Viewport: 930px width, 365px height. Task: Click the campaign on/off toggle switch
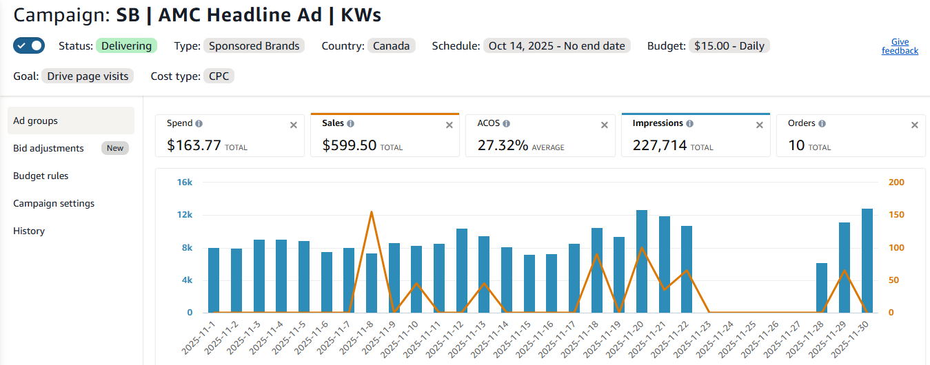[28, 46]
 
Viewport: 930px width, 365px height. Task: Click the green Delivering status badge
[126, 46]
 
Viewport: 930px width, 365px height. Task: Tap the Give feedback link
[900, 46]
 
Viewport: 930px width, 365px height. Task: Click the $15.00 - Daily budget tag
[729, 46]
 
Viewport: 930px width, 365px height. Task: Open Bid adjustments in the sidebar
[48, 148]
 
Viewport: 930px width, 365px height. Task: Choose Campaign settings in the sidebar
[54, 203]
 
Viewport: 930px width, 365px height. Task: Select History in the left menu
[29, 231]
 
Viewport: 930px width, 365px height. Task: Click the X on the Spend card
[294, 125]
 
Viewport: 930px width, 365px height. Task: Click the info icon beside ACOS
[507, 124]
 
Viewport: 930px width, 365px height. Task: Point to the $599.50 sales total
[350, 146]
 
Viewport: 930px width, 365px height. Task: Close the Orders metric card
[915, 125]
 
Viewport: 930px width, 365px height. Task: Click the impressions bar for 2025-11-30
[867, 261]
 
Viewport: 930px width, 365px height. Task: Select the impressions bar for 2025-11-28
[822, 288]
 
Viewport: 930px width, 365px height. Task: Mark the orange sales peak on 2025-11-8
[372, 212]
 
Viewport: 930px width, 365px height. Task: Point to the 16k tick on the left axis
[185, 182]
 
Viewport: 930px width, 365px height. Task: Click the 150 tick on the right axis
[896, 215]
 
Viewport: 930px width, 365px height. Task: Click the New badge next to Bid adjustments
[115, 148]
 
